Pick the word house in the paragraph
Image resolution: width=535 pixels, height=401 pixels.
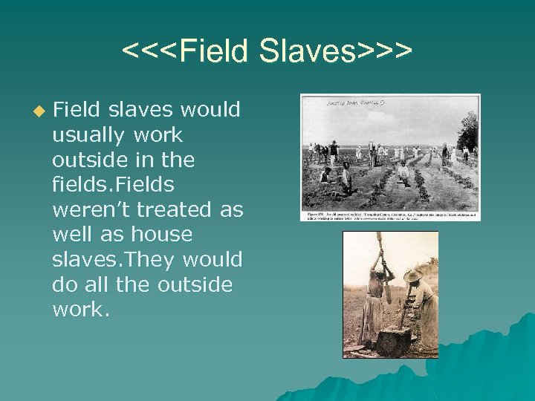click(x=161, y=235)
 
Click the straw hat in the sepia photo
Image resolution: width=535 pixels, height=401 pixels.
click(x=412, y=276)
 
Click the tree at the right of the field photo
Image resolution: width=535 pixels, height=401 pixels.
click(x=469, y=130)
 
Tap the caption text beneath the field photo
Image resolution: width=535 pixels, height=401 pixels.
click(x=389, y=216)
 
